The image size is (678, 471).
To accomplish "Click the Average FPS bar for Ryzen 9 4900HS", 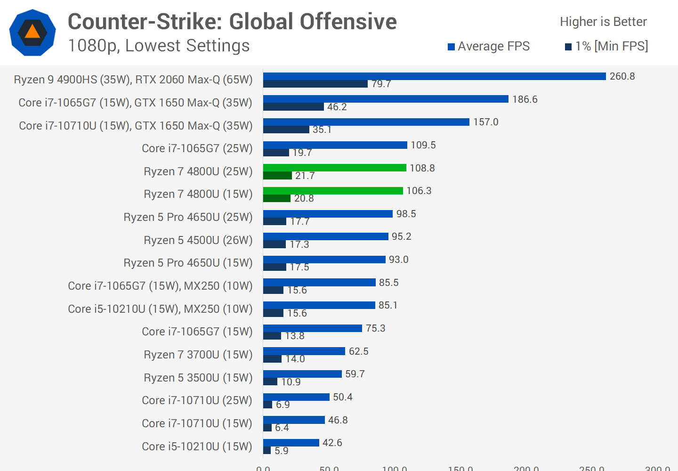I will point(434,76).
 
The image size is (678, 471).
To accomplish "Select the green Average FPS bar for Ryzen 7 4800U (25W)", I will point(334,168).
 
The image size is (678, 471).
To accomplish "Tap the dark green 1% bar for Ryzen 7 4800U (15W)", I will point(277,198).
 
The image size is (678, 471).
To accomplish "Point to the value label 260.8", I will point(622,76).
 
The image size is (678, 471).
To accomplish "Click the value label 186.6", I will point(525,99).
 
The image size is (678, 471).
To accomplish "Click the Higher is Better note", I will point(603,22).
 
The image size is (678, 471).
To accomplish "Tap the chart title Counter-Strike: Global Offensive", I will point(232,22).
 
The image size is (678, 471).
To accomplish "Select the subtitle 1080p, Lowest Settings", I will point(159,46).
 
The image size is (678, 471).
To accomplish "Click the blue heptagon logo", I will point(32,32).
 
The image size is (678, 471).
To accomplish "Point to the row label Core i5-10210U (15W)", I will point(197,446).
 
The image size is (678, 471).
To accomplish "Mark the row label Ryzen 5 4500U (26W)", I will point(198,240).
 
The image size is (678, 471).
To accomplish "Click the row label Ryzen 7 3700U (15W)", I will point(198,355).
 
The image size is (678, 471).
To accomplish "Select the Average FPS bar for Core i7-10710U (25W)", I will point(296,397).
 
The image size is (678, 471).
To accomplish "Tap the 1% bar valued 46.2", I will point(293,107).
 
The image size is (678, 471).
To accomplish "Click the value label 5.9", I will point(282,451).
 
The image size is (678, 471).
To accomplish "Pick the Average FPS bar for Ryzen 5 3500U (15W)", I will point(302,374).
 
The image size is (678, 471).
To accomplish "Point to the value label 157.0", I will point(485,122).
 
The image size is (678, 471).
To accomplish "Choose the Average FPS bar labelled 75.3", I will point(313,328).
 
